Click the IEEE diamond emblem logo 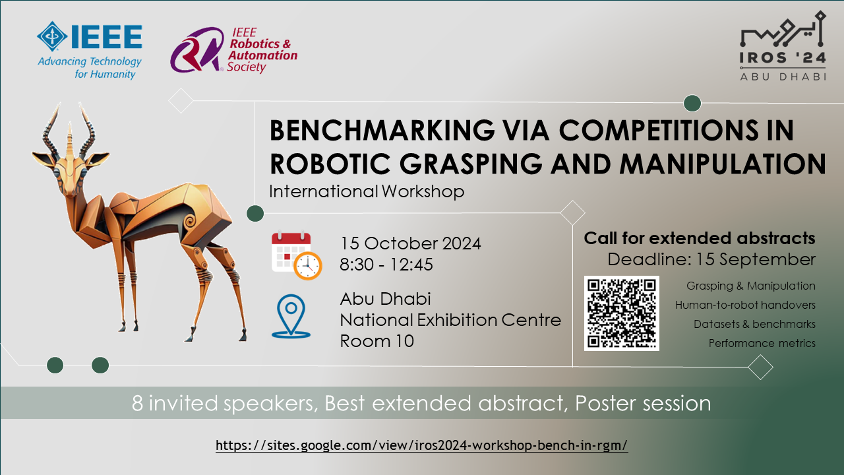[x=52, y=36]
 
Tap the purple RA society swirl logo [x=197, y=49]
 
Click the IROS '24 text [x=783, y=57]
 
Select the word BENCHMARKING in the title [x=382, y=130]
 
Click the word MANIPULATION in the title [x=723, y=164]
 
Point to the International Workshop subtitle [x=367, y=191]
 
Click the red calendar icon [x=291, y=251]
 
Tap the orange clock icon [x=308, y=266]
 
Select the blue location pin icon [x=291, y=316]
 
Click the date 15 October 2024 [x=410, y=243]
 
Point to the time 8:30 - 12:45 [x=386, y=265]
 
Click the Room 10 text [x=377, y=342]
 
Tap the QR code [x=622, y=313]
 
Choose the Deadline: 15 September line [x=711, y=259]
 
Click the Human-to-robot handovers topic [x=745, y=305]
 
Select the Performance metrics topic [x=762, y=344]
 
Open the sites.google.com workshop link [x=421, y=445]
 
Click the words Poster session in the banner [x=643, y=403]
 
